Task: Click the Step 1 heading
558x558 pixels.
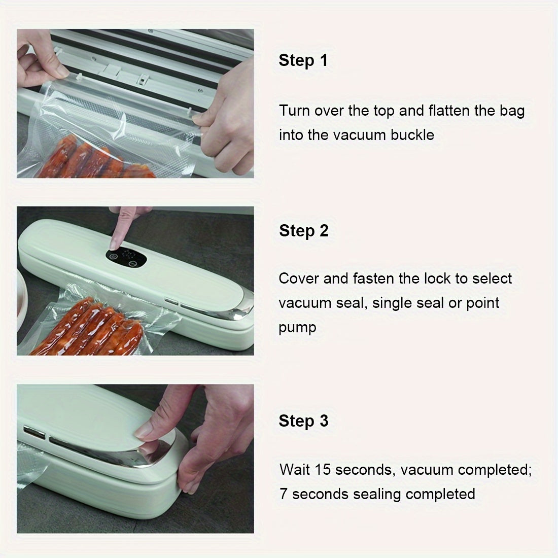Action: click(303, 60)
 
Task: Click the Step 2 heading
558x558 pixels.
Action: click(303, 231)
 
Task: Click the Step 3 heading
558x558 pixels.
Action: click(303, 421)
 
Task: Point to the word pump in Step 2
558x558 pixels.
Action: click(297, 328)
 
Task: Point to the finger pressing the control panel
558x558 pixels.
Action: click(119, 226)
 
